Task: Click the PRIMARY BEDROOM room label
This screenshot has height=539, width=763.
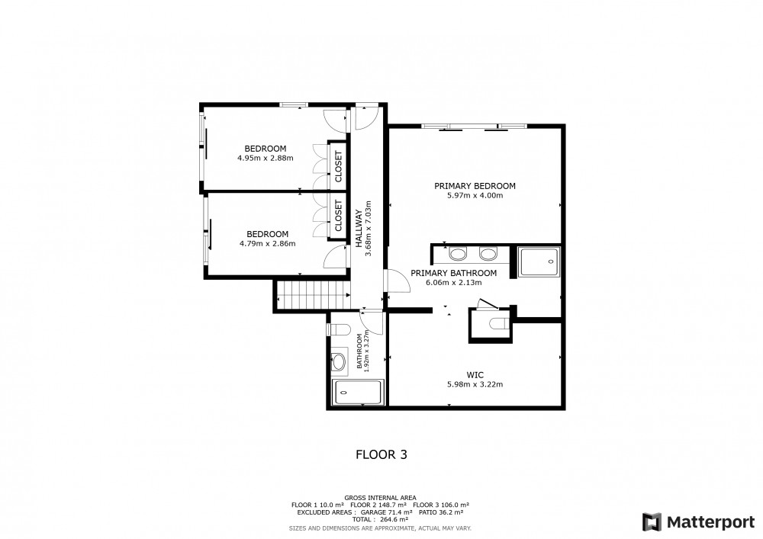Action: point(475,186)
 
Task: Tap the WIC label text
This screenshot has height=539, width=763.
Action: point(475,375)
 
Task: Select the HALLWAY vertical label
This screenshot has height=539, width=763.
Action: point(359,229)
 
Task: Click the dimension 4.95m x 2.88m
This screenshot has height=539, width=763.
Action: point(266,158)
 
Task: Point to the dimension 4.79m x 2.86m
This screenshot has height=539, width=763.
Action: point(267,243)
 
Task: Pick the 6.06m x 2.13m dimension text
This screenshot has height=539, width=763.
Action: point(453,282)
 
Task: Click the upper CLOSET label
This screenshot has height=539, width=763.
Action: point(338,166)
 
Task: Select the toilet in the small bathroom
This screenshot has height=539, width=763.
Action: point(340,329)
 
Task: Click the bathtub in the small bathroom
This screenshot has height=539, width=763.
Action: point(358,393)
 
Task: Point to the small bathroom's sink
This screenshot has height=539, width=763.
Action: point(339,361)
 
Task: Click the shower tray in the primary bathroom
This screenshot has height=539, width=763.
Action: point(539,262)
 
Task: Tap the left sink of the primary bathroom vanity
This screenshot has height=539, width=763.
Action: point(457,254)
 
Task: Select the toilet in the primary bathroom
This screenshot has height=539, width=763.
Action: point(499,324)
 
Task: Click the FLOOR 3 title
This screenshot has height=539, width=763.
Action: point(381,454)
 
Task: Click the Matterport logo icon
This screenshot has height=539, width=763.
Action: point(652,522)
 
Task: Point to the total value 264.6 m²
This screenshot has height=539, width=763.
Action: point(391,519)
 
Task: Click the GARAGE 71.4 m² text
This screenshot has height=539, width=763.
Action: point(385,512)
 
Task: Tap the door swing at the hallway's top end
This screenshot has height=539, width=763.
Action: point(366,118)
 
